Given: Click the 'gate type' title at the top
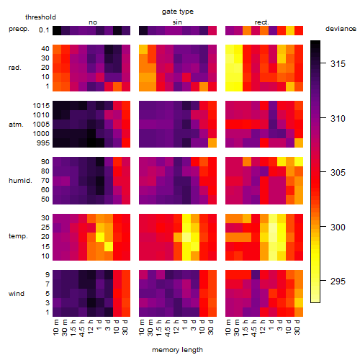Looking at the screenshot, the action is point(178,12).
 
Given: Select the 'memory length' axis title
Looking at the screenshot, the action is point(177,350).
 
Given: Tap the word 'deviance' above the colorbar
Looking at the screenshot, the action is point(341,29).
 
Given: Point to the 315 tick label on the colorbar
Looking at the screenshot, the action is point(338,64).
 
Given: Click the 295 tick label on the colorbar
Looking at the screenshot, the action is point(338,282).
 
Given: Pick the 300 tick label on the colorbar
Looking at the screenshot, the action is point(338,227).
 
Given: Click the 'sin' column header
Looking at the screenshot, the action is point(177,22).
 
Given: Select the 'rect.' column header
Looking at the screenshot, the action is point(262,22).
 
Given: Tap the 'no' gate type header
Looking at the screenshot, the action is point(93,22).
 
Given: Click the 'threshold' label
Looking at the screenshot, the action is point(40,17).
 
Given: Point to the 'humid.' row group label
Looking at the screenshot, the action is point(20,181).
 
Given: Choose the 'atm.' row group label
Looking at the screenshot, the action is point(16,125).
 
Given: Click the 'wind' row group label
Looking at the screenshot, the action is point(17,294).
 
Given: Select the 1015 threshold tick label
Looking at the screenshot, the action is point(41,106).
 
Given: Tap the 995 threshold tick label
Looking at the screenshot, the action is point(43,143).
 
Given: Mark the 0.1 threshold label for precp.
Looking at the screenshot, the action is point(44,30).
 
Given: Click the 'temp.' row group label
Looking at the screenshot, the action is point(18,236).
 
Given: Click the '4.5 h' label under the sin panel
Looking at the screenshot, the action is point(168,328).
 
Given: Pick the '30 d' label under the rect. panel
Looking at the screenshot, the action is point(297,327).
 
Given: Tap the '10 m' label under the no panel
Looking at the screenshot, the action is point(55,328).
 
